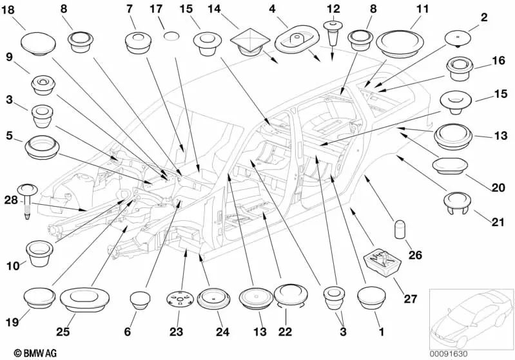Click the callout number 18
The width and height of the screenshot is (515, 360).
point(8,10)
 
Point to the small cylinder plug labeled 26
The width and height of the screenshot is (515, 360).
point(400,229)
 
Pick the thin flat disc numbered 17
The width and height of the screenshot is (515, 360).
point(171,36)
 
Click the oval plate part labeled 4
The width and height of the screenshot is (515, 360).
point(296,39)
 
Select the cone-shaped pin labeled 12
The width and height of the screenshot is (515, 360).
point(333,33)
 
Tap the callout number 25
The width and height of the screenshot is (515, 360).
point(63,332)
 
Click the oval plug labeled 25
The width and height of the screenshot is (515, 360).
point(84,299)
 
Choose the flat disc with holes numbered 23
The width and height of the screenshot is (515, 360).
point(179,299)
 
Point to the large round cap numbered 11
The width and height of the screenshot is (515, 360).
point(400,44)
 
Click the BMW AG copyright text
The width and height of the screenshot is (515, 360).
point(35,353)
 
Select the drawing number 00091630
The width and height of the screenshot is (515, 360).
point(449,354)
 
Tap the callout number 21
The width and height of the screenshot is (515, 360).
point(498,222)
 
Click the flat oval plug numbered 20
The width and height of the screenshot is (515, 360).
point(450,166)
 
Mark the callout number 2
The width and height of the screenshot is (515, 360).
point(484,18)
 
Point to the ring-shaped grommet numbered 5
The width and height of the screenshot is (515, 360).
point(42,147)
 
